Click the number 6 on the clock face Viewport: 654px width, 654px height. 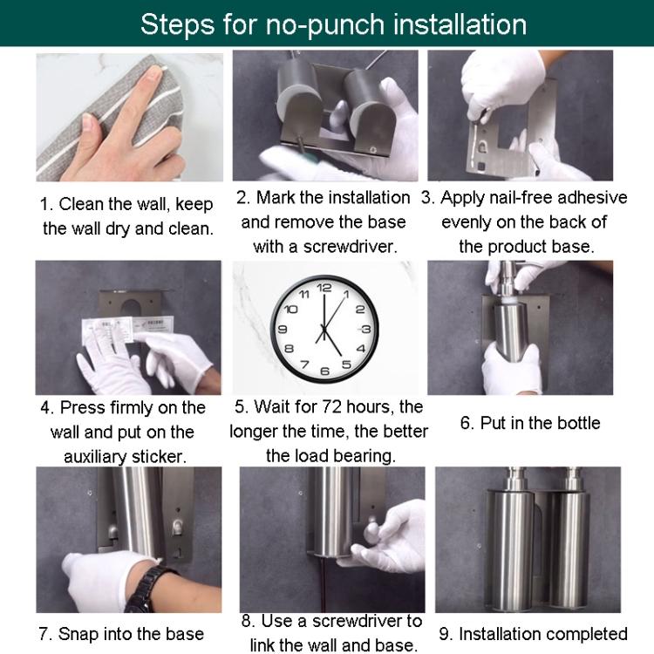pos(324,371)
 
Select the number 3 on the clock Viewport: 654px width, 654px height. pos(366,330)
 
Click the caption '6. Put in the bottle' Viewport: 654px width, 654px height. pos(530,423)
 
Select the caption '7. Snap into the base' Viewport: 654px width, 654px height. pos(121,633)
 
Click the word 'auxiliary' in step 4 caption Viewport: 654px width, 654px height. pos(103,456)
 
